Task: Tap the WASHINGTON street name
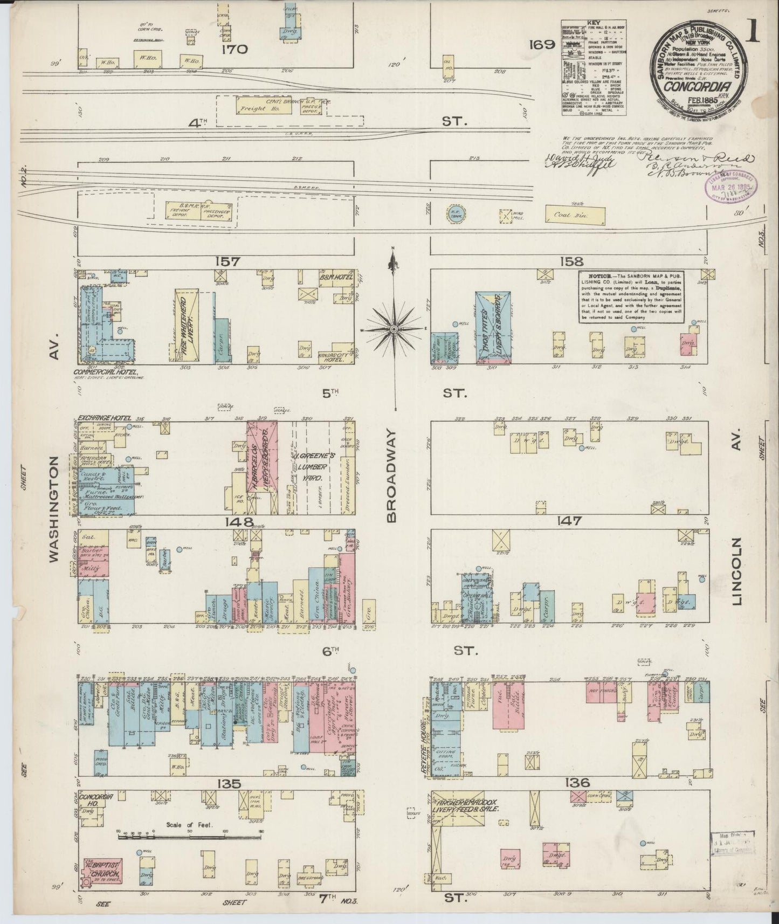[55, 509]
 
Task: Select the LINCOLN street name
[738, 569]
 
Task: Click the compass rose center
[394, 328]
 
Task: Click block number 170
[233, 50]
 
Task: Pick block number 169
[542, 45]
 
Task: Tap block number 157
[226, 262]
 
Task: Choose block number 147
[569, 521]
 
